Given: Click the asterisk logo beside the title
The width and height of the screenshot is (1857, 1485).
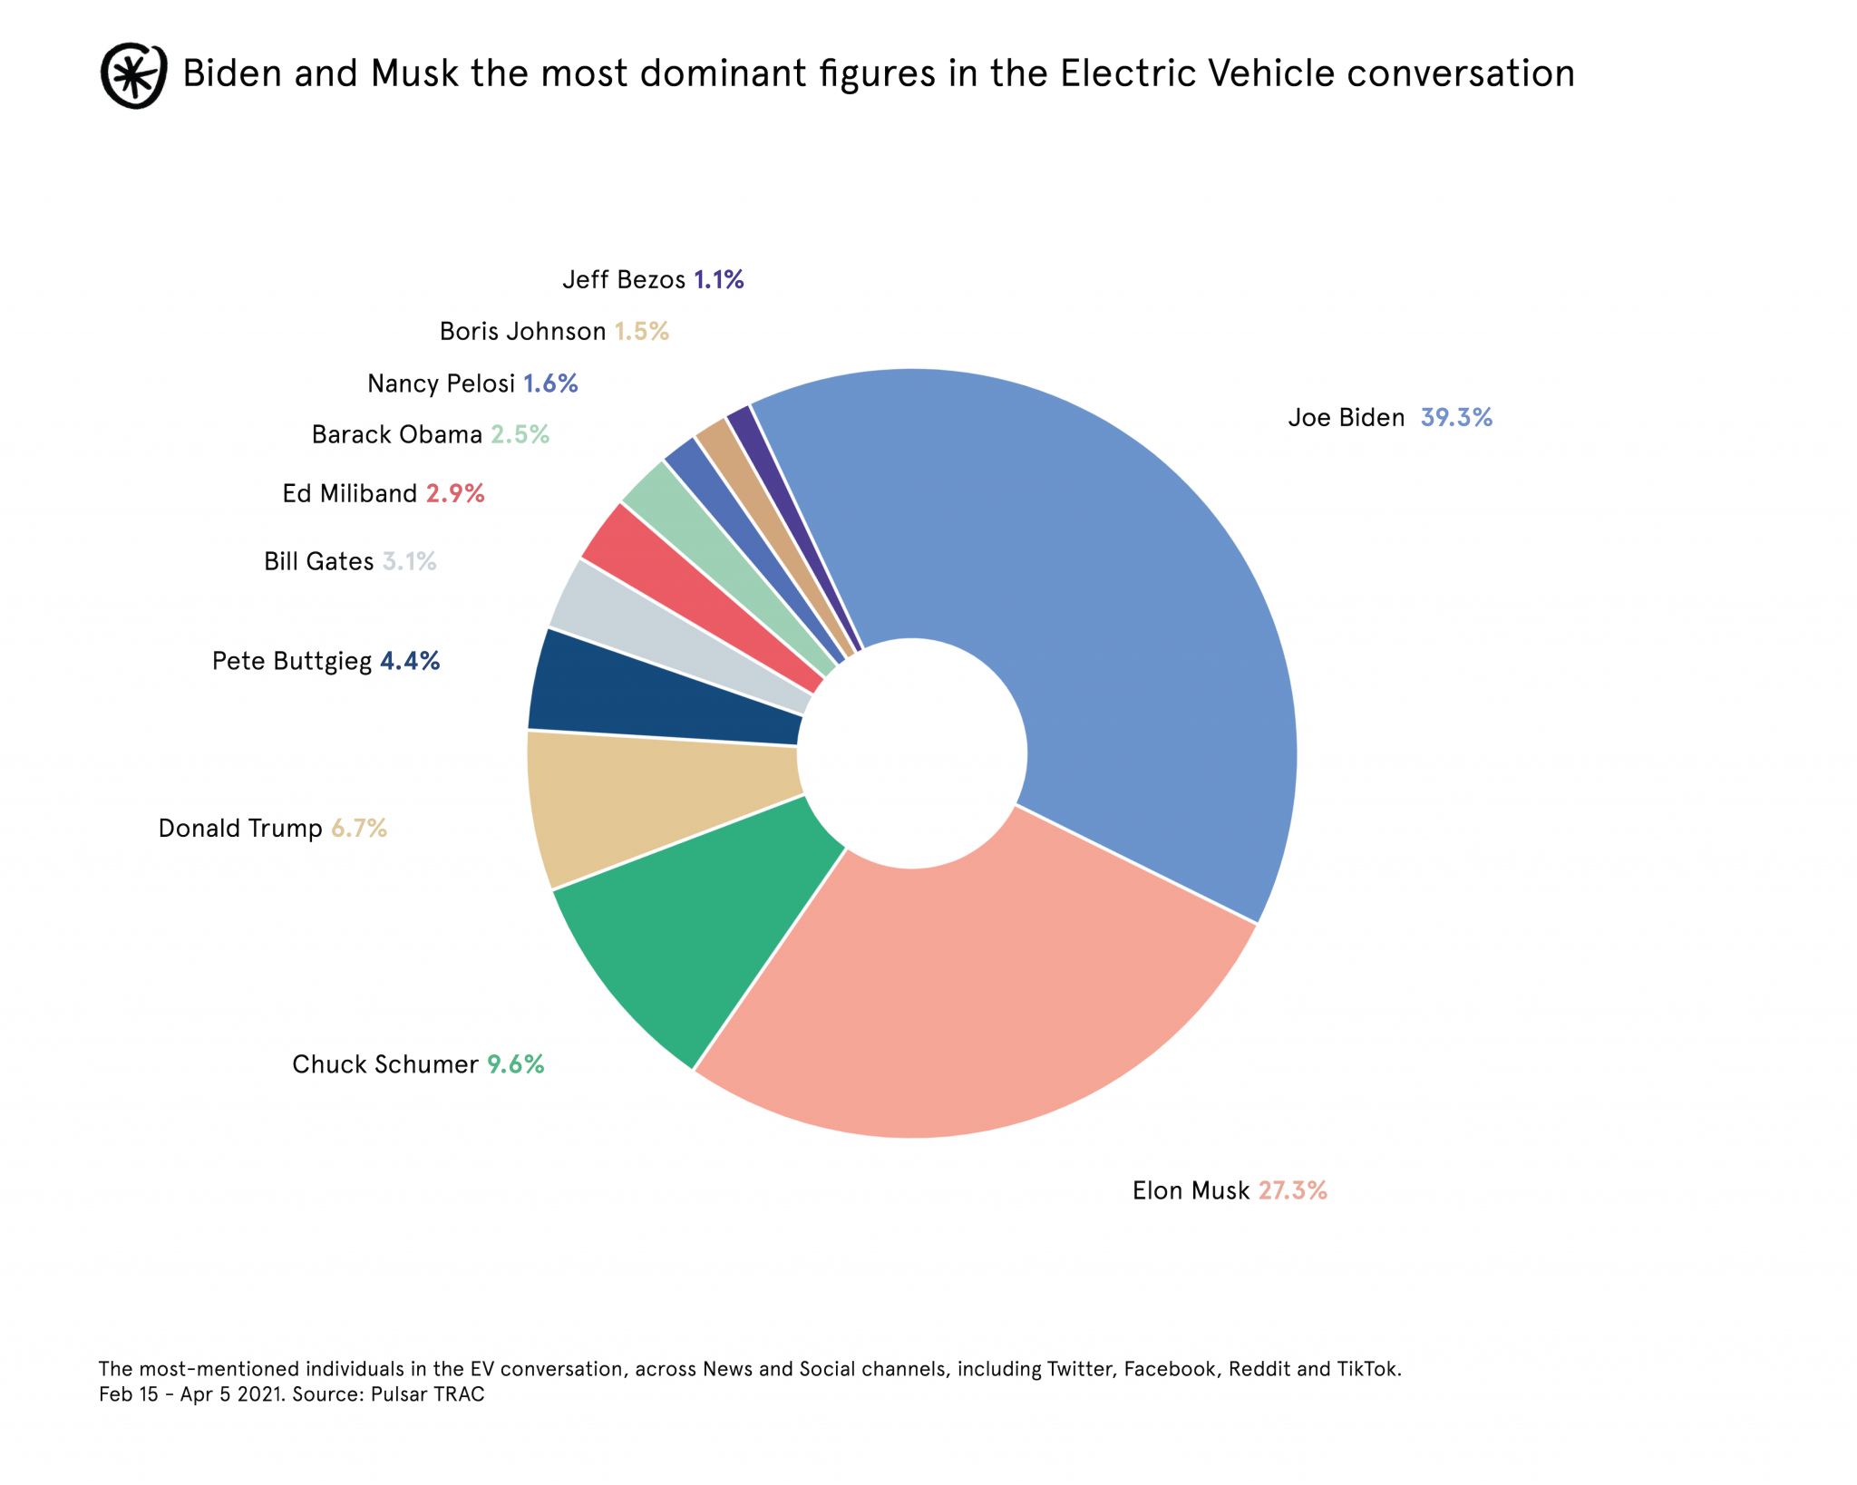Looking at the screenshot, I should tap(133, 75).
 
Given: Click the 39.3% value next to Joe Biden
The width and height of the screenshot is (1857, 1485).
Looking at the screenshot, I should tap(1455, 418).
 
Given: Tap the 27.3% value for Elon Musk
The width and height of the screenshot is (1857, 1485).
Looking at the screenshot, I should tap(1292, 1190).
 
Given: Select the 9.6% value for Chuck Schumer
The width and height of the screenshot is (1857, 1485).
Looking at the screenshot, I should tap(515, 1064).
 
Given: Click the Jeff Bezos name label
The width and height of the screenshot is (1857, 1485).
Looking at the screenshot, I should tap(624, 279).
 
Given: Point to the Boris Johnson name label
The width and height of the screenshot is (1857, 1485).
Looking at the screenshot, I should tap(522, 332).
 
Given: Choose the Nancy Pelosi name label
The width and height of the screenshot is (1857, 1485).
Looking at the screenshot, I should tap(441, 384).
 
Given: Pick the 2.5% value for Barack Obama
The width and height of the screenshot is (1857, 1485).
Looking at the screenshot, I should tap(520, 435).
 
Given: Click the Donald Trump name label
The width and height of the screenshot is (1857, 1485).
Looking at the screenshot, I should tap(240, 829).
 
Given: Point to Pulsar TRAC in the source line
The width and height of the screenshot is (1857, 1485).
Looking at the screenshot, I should tap(427, 1394).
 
